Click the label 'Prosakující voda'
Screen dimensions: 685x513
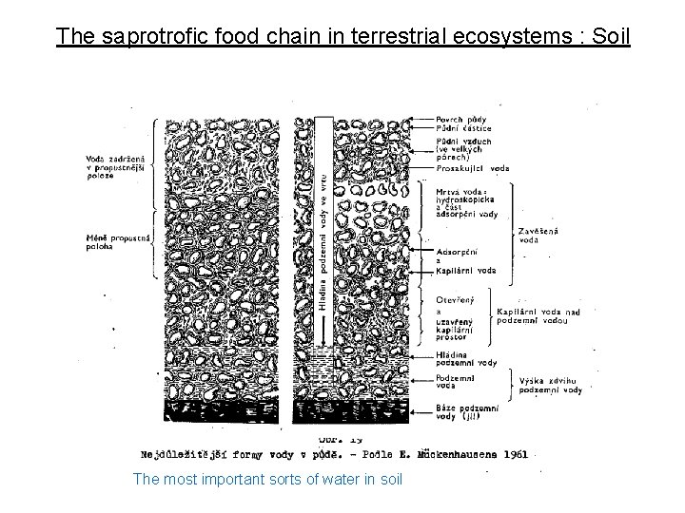click(x=473, y=169)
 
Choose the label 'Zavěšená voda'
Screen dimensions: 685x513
click(x=539, y=234)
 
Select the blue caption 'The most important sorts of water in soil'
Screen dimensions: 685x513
click(x=268, y=477)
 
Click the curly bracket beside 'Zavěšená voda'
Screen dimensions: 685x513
click(x=515, y=234)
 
